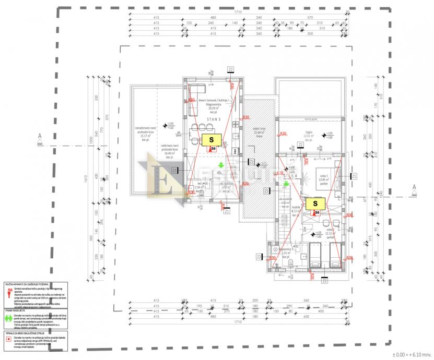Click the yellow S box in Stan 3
(212, 140)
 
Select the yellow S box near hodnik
(315, 203)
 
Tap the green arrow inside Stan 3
(221, 165)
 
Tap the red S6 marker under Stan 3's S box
(212, 149)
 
